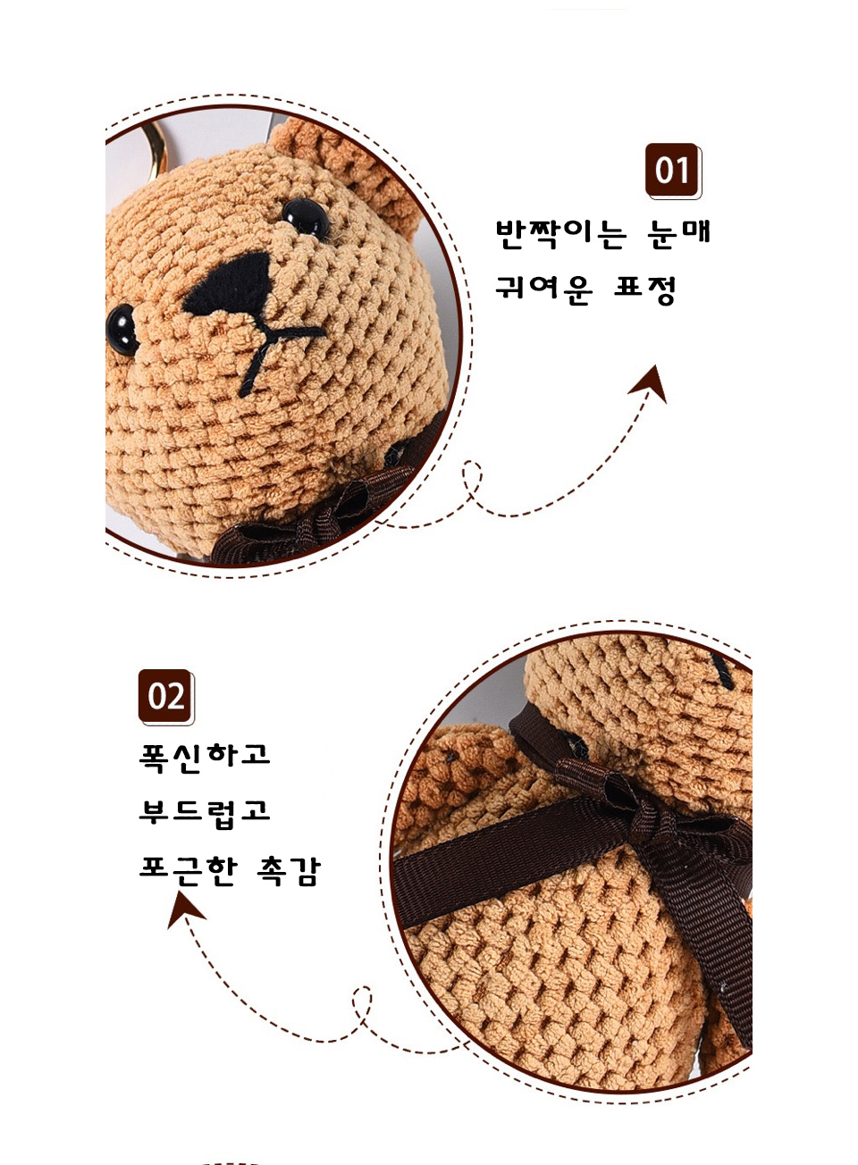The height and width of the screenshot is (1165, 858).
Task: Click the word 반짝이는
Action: point(561,234)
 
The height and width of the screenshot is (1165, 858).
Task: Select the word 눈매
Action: point(678,234)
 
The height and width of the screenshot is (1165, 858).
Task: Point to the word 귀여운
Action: point(543,289)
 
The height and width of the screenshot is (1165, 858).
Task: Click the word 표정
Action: point(644,289)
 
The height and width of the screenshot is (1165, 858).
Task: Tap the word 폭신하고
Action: point(205,758)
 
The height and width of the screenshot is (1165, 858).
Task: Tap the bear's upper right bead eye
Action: point(306,216)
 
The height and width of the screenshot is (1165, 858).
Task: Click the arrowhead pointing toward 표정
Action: point(651,384)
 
